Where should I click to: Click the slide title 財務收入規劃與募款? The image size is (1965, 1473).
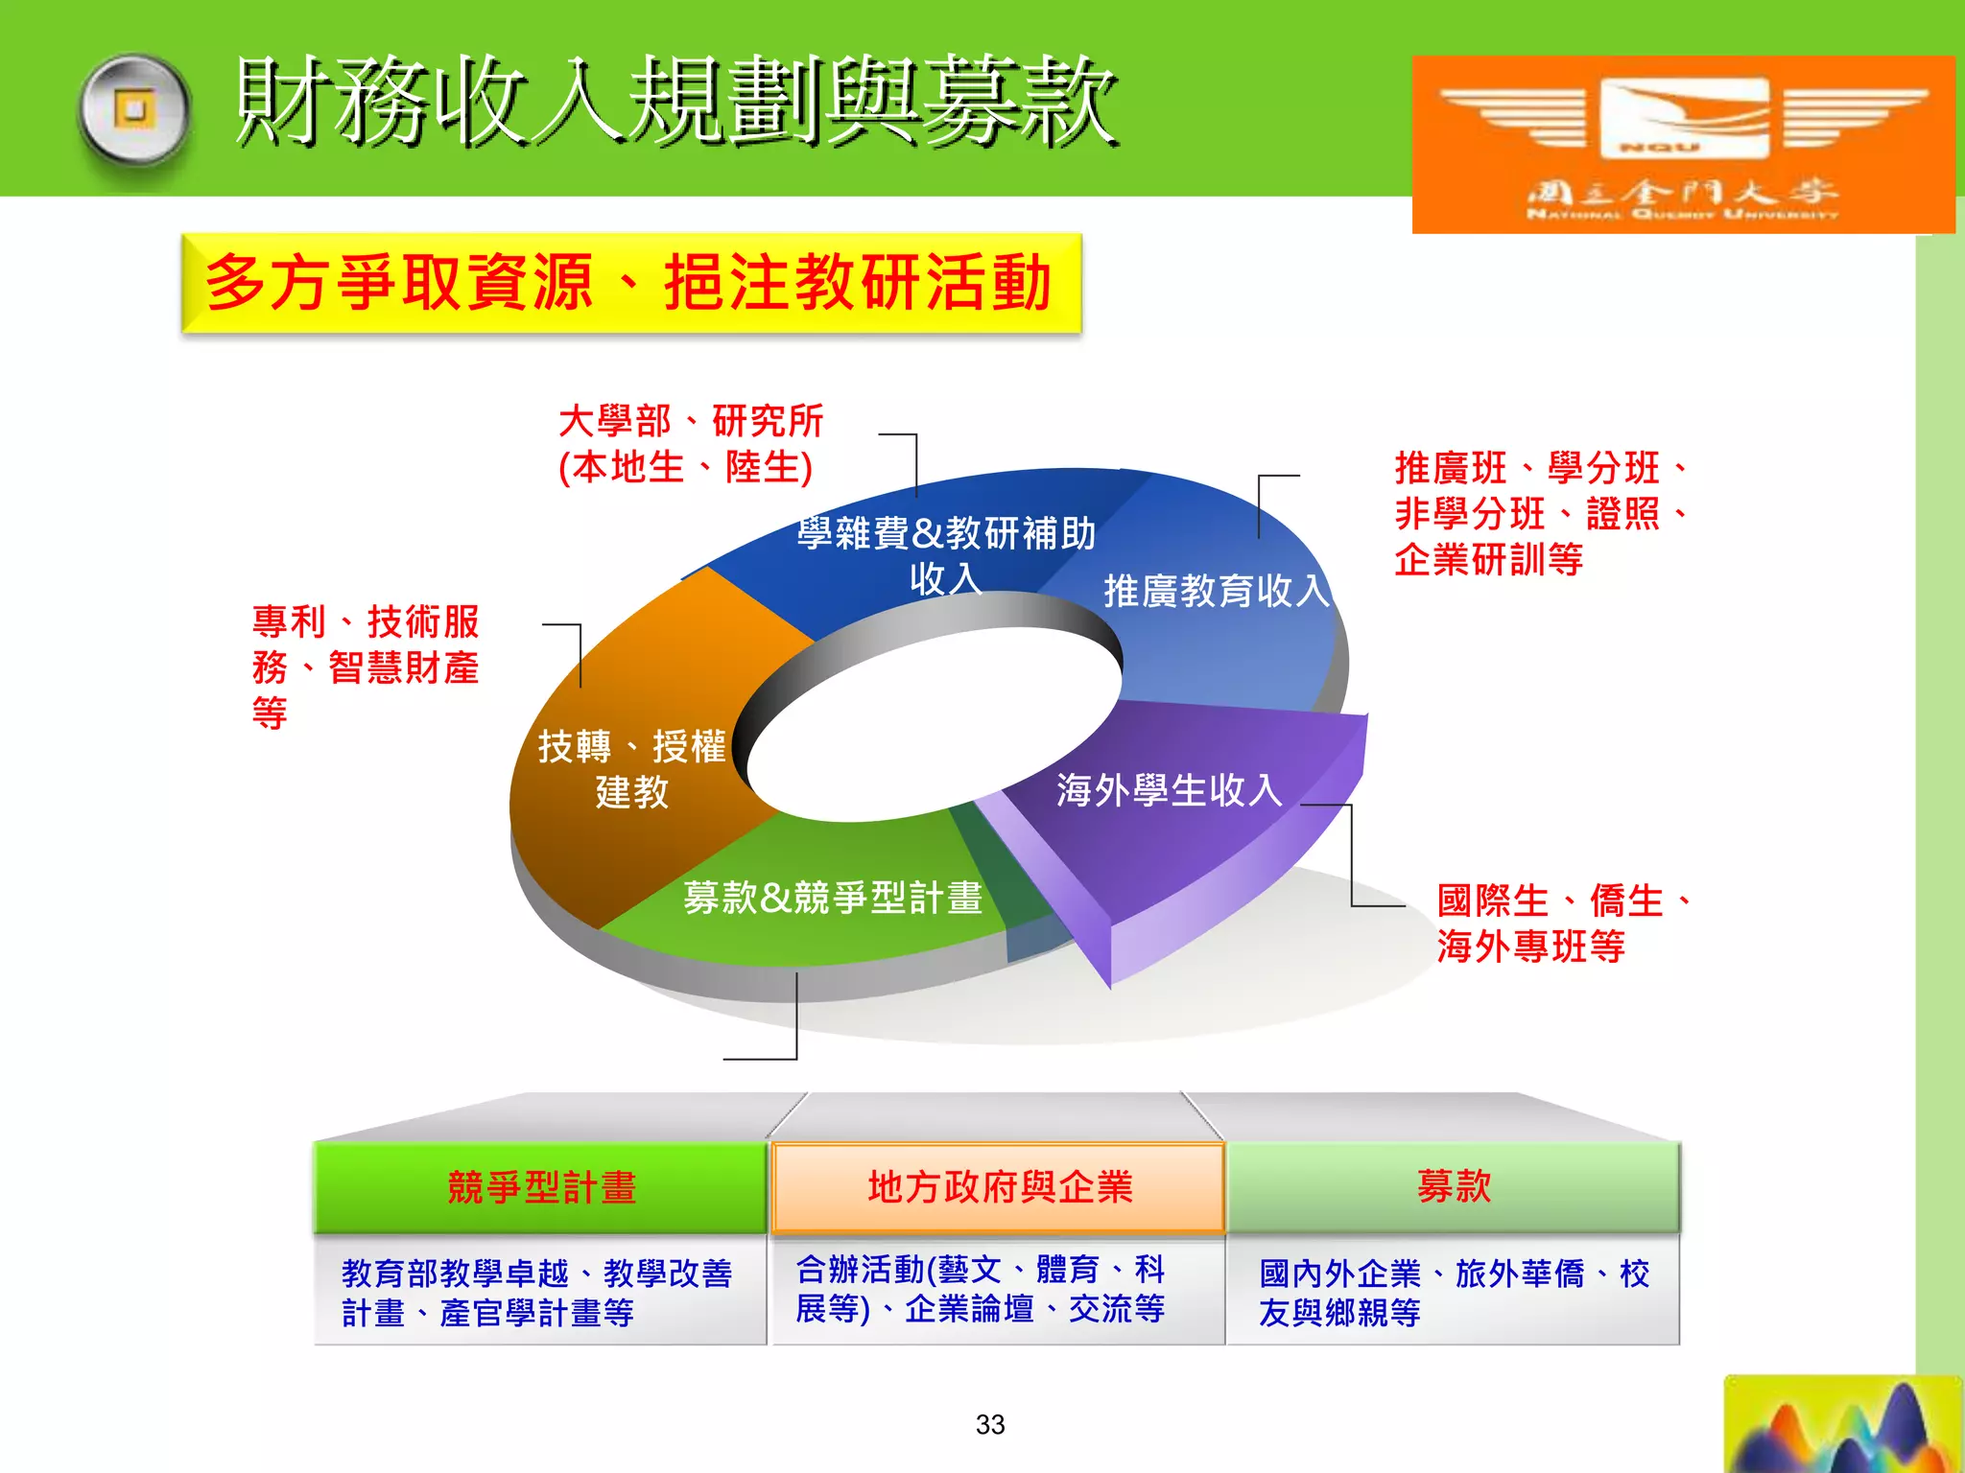[676, 101]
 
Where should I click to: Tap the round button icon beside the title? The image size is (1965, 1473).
[135, 108]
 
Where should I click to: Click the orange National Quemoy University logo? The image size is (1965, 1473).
[1682, 144]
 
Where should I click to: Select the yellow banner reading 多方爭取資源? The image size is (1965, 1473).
[631, 283]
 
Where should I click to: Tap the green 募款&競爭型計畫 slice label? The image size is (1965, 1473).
[833, 898]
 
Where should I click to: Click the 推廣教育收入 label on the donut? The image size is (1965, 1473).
[1217, 591]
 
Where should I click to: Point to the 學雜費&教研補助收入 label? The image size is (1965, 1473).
[945, 554]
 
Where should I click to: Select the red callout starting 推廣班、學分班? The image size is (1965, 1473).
[1540, 513]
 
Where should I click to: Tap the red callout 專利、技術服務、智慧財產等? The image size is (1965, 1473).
[365, 666]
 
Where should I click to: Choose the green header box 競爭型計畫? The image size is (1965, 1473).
[541, 1187]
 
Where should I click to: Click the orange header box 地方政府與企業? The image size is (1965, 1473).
[999, 1187]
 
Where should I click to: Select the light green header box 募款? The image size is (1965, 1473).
[1454, 1187]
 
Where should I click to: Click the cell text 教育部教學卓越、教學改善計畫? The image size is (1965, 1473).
[537, 1292]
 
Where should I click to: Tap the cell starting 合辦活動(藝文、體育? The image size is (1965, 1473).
[981, 1289]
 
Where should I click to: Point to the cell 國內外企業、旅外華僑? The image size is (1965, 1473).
[1454, 1292]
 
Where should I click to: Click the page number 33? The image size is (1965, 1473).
[990, 1424]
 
